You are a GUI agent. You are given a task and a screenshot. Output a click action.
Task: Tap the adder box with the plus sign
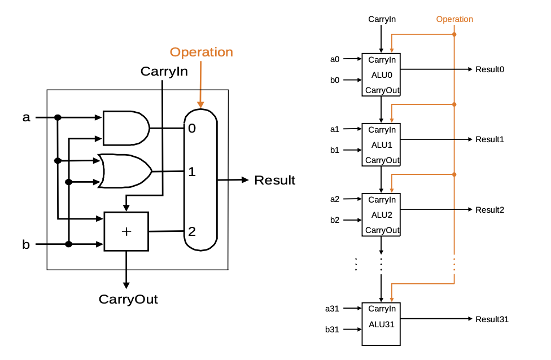pos(126,231)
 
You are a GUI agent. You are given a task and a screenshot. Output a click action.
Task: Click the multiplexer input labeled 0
pos(192,129)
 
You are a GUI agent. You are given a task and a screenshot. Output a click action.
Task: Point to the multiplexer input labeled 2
pos(192,231)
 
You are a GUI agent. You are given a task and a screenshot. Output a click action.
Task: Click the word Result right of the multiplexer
pos(274,181)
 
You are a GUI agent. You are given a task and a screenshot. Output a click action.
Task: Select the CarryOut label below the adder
pos(128,299)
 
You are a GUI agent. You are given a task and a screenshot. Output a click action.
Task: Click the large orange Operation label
pos(201,52)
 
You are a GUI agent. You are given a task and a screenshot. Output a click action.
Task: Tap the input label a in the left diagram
pos(26,117)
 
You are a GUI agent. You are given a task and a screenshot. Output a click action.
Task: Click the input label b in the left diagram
pos(26,245)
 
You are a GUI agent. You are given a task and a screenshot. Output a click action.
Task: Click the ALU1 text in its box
pos(382,145)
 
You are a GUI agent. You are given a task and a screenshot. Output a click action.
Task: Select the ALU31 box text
pos(382,324)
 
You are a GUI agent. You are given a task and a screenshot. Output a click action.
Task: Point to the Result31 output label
pos(492,319)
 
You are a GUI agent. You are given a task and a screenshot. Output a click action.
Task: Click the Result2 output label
pos(489,210)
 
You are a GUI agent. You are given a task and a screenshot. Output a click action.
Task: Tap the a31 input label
pos(332,309)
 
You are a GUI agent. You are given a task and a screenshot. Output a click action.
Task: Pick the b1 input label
pos(335,150)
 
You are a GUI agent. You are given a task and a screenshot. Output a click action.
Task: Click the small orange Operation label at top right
pos(454,19)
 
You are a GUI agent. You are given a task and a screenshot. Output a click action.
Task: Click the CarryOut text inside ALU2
pos(382,230)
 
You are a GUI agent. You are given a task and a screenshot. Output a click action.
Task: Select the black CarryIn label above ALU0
pos(382,19)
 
